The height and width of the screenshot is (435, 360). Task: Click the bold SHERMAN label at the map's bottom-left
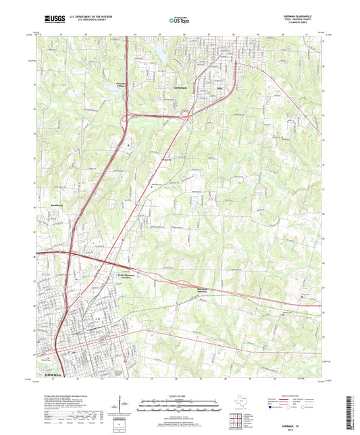point(52,374)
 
